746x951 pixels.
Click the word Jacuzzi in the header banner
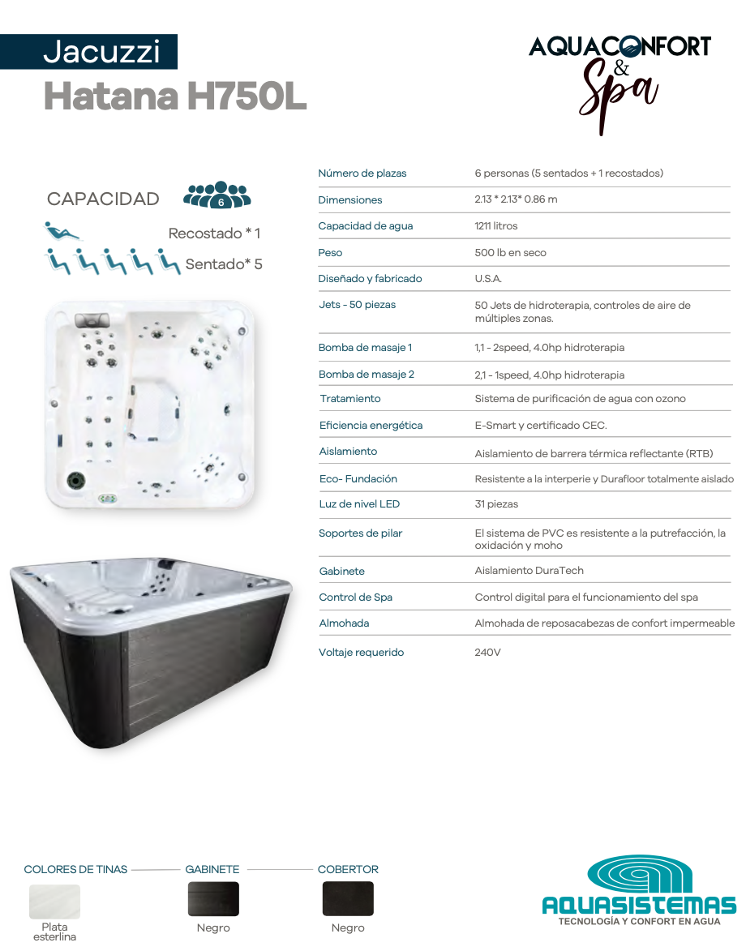101,52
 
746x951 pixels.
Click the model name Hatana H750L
175,96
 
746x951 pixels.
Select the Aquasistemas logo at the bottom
639,891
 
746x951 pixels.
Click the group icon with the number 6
217,195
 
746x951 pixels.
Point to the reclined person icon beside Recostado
62,231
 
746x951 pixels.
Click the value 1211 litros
495,226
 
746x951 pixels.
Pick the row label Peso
330,253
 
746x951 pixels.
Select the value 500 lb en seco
510,253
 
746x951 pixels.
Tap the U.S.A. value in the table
488,279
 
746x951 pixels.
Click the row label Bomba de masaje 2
367,375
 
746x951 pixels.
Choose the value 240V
487,653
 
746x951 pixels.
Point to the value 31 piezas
496,504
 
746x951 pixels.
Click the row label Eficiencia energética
371,426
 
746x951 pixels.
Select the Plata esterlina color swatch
55,902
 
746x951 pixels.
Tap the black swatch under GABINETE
213,899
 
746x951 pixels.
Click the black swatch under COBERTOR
348,899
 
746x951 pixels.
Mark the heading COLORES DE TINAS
75,870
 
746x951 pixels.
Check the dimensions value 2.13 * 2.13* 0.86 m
516,200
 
